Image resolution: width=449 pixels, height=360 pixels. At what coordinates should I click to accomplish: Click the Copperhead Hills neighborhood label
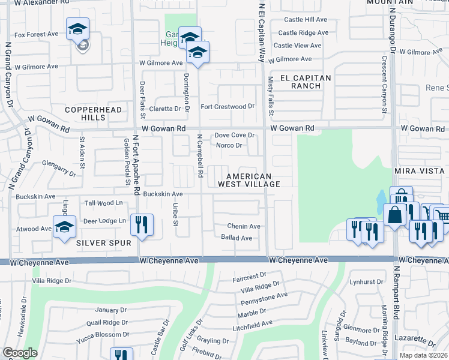click(x=93, y=113)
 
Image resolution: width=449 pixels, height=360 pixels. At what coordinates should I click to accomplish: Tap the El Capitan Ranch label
click(x=302, y=82)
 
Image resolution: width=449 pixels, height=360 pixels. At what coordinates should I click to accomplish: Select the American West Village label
click(x=253, y=180)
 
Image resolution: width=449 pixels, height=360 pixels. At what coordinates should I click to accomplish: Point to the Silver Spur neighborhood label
click(x=100, y=242)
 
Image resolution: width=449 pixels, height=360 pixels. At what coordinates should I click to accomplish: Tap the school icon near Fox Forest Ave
click(x=77, y=29)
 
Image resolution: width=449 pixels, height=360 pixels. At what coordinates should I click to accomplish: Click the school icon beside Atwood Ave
click(x=64, y=227)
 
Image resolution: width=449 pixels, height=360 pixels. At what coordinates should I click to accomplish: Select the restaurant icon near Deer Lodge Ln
click(x=142, y=225)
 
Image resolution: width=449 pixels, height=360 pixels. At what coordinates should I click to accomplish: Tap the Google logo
click(x=20, y=353)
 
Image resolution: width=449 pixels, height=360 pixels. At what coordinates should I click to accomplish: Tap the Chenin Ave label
click(x=243, y=226)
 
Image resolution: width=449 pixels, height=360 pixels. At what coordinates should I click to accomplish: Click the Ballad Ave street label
click(x=237, y=238)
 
